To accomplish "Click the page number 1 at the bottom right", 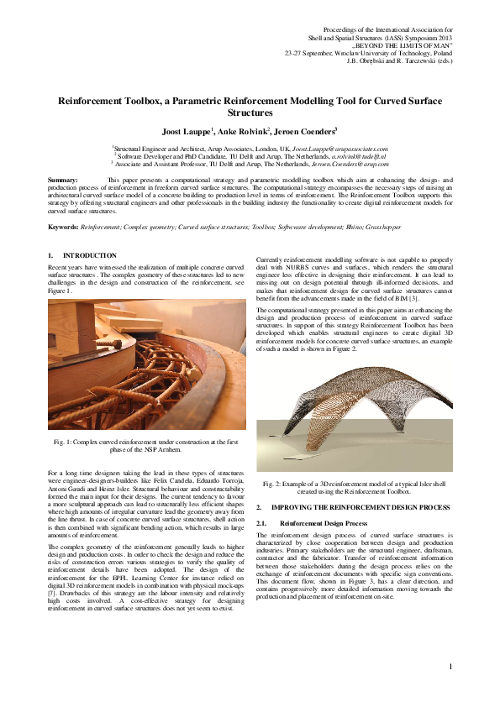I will (x=450, y=667).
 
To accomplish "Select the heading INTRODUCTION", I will (x=91, y=255).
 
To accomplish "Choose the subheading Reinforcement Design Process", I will (x=324, y=522).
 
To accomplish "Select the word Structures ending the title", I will (x=250, y=112).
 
